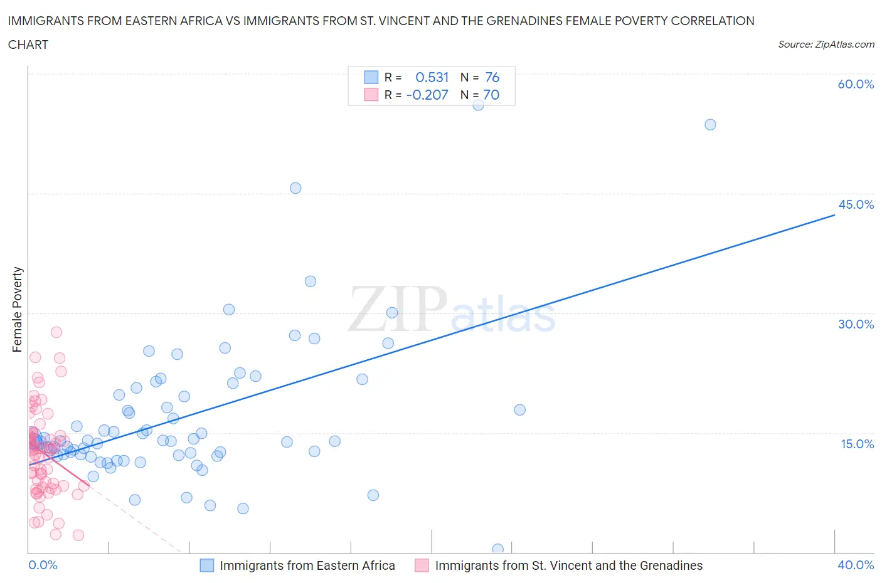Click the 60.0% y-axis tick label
tap(856, 84)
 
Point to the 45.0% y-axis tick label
tap(856, 204)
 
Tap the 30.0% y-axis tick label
tap(856, 324)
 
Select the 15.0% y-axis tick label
tap(857, 444)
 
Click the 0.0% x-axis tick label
tap(43, 565)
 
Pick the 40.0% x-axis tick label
tap(856, 565)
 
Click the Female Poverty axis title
tap(18, 310)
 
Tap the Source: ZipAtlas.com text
tap(826, 45)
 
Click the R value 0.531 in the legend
tap(432, 77)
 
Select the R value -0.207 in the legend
tap(427, 95)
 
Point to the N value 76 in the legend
tap(492, 77)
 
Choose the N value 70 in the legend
tap(491, 95)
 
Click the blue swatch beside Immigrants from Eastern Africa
tap(207, 565)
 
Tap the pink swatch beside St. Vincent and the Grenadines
tap(422, 565)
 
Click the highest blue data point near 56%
tap(478, 105)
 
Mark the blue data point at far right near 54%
tap(710, 125)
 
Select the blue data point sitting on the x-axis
tap(497, 549)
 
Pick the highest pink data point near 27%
tap(56, 332)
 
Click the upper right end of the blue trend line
tap(834, 215)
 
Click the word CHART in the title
tap(28, 45)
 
